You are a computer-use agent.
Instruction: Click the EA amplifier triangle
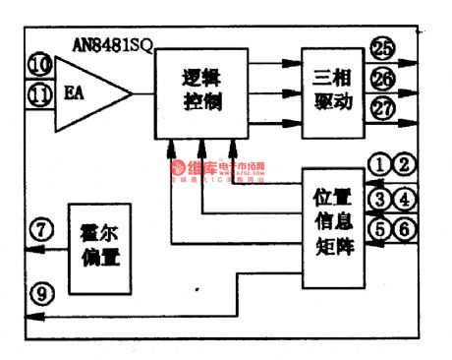pos(87,94)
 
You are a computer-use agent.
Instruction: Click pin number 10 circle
pos(39,66)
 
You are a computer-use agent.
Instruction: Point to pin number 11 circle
pos(39,95)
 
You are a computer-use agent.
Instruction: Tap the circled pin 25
pos(382,46)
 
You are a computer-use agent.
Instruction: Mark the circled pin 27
pos(382,107)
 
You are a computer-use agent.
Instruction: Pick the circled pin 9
pos(39,291)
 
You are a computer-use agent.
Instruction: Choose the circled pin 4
pos(404,200)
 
